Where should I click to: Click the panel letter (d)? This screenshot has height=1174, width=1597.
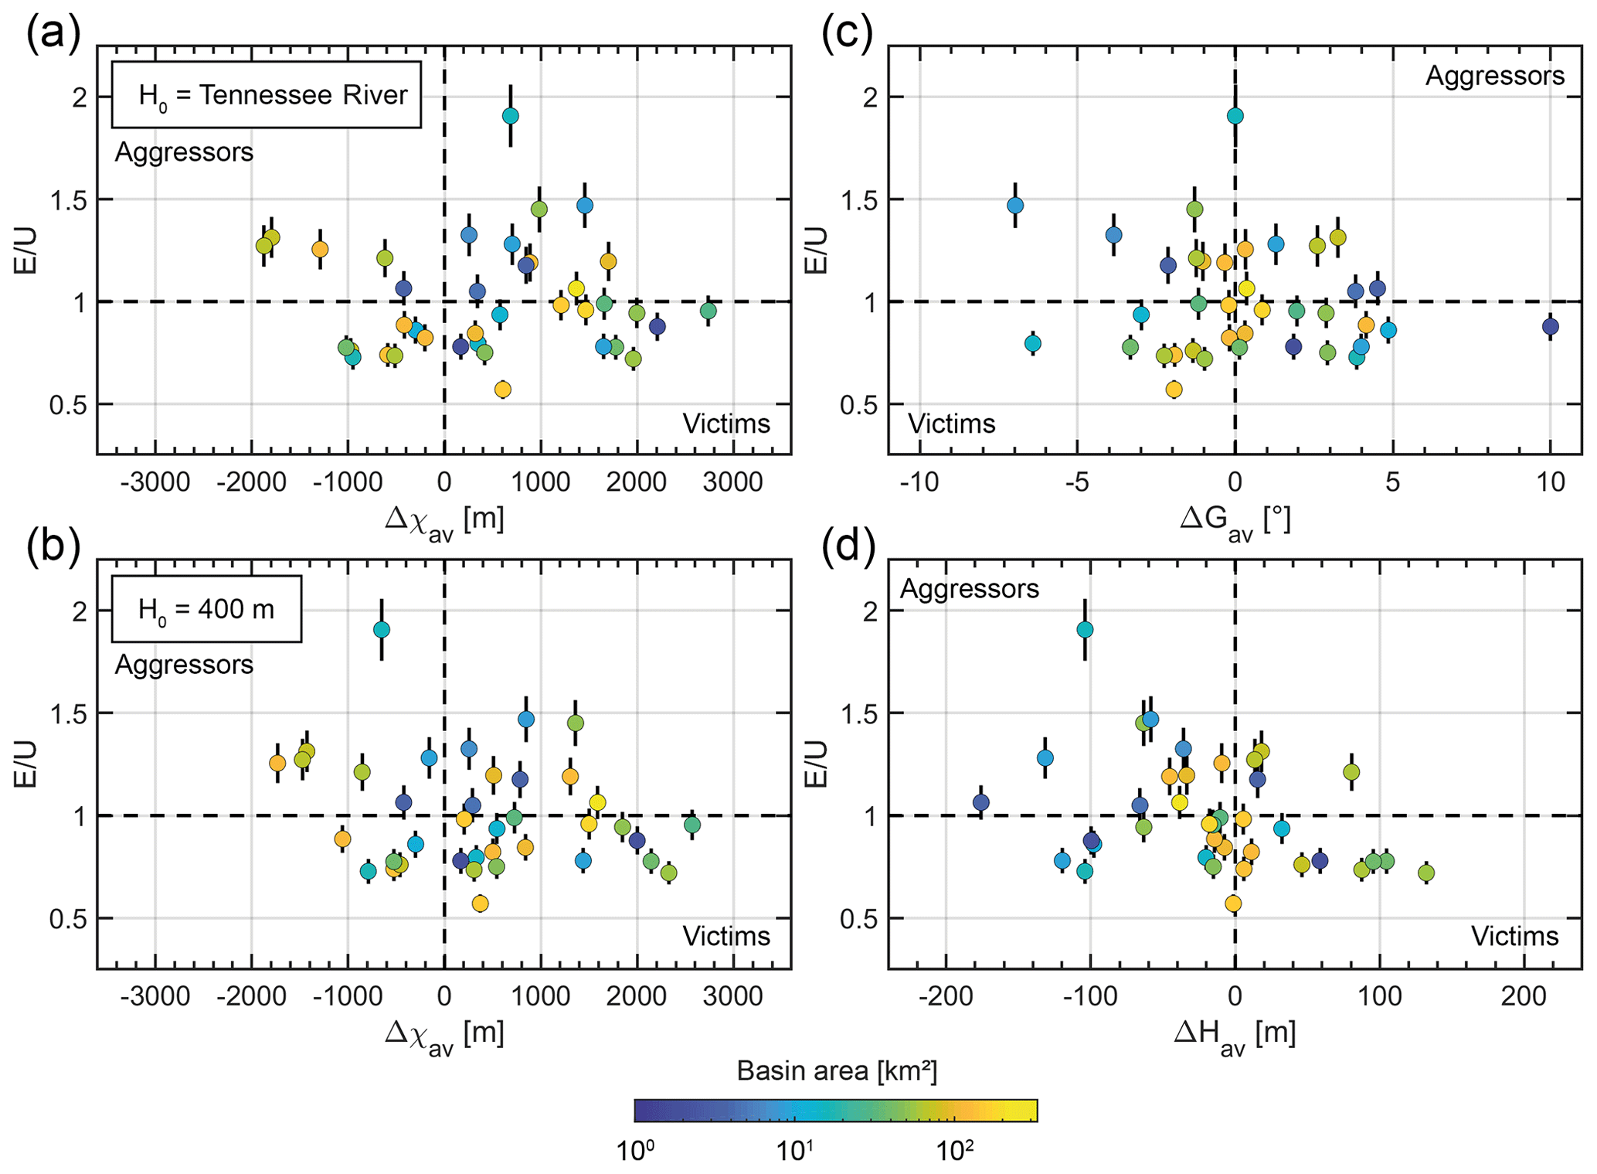point(848,548)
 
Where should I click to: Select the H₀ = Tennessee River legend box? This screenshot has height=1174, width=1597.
point(267,94)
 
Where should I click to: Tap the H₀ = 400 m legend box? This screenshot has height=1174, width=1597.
point(206,609)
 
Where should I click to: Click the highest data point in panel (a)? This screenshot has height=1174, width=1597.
point(510,116)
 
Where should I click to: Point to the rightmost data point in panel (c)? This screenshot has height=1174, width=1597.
point(1550,326)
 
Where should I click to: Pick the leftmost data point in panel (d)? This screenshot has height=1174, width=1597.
point(981,802)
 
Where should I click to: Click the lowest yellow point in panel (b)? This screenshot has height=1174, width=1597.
point(480,903)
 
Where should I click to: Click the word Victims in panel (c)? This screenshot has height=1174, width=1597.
point(951,424)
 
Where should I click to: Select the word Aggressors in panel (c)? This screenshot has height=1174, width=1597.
point(1494,76)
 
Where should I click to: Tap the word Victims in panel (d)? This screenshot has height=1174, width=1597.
point(1514,936)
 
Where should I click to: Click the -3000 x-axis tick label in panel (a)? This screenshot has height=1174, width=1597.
point(155,482)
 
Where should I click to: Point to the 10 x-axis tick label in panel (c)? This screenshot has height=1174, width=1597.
point(1550,482)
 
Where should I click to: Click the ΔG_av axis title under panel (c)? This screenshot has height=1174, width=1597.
point(1235,519)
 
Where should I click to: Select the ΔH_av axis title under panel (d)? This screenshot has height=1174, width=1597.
point(1234,1033)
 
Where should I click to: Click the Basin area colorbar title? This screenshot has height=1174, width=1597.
point(836,1070)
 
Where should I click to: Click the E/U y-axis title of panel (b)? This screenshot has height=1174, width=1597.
point(25,764)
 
